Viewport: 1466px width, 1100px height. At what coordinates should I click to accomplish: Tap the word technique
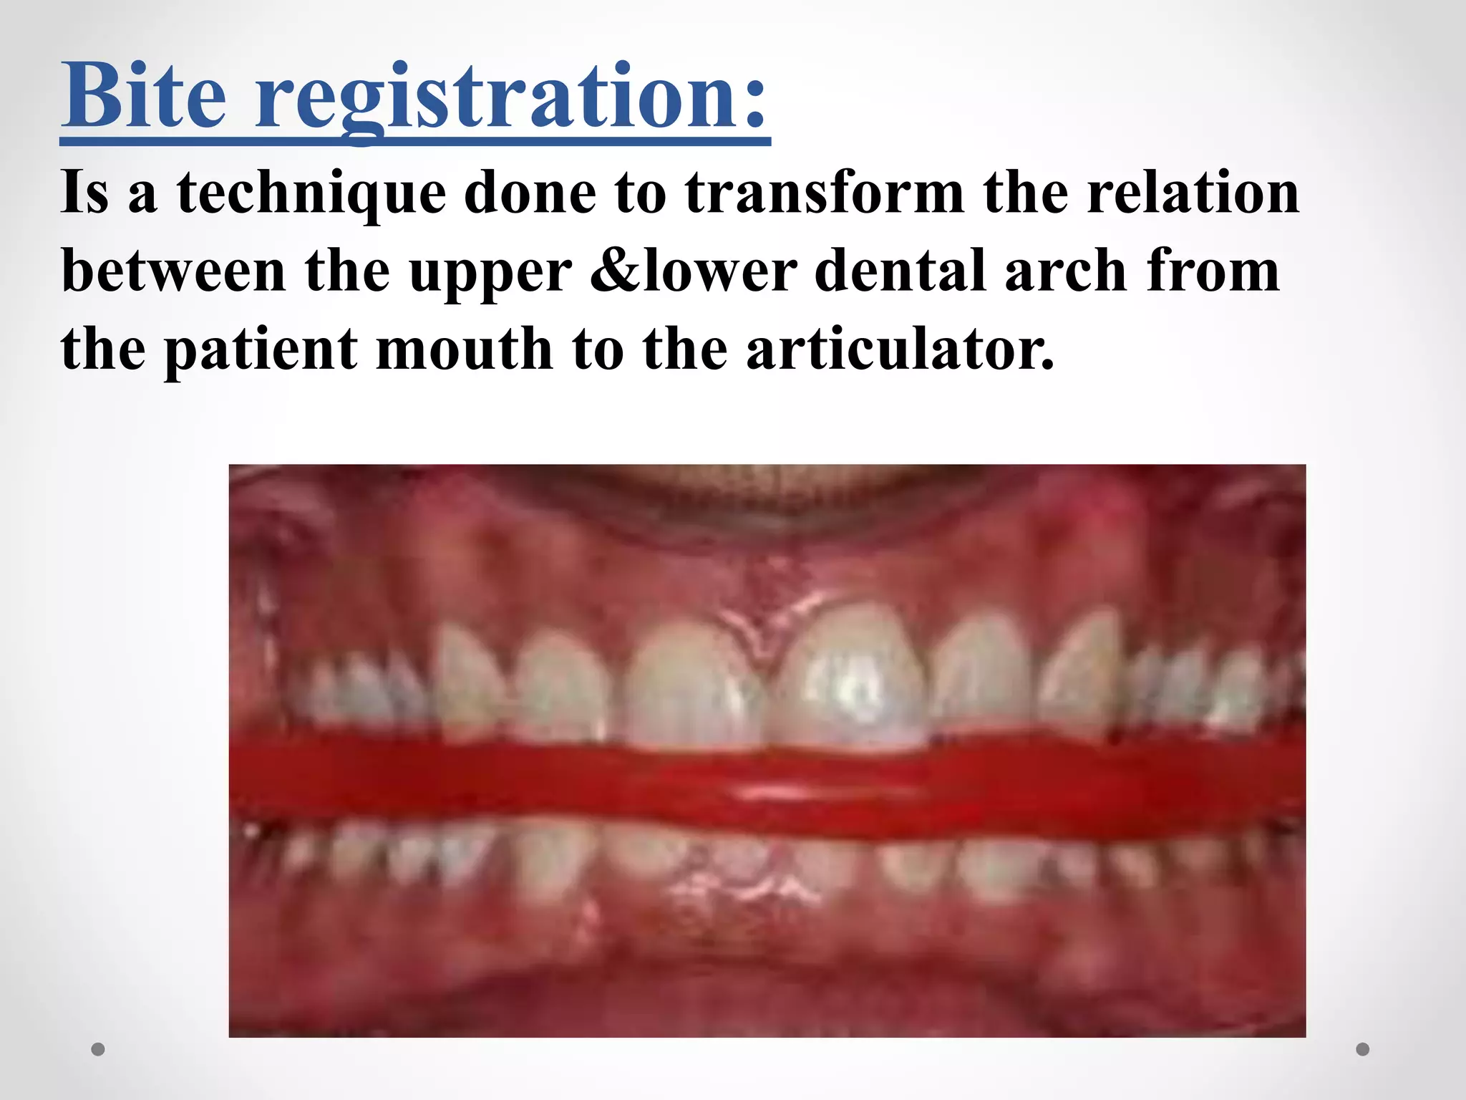pos(311,193)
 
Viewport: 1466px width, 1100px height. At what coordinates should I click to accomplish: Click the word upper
pos(490,276)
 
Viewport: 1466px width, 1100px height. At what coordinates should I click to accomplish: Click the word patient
pos(261,351)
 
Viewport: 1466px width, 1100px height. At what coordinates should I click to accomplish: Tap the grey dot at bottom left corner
pos(98,1049)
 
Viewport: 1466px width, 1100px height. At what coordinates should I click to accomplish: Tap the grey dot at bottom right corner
pos(1363,1049)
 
